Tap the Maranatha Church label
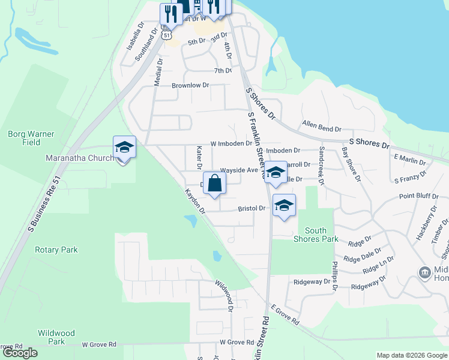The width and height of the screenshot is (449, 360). [80, 158]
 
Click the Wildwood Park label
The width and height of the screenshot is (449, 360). [56, 337]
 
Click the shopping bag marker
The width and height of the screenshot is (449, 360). [215, 184]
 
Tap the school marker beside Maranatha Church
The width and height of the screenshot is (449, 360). [124, 148]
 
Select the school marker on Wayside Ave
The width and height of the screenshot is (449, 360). [276, 173]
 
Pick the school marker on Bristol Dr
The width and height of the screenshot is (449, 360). [284, 205]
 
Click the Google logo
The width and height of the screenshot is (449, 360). [20, 353]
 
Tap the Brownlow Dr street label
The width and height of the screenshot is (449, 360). [190, 86]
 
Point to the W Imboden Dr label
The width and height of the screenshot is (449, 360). [231, 144]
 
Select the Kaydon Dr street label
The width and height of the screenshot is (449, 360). [194, 202]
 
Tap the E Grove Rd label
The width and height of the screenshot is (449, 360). [285, 314]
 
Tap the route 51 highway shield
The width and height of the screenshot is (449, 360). [167, 35]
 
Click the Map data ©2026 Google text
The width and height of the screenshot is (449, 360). [411, 355]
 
